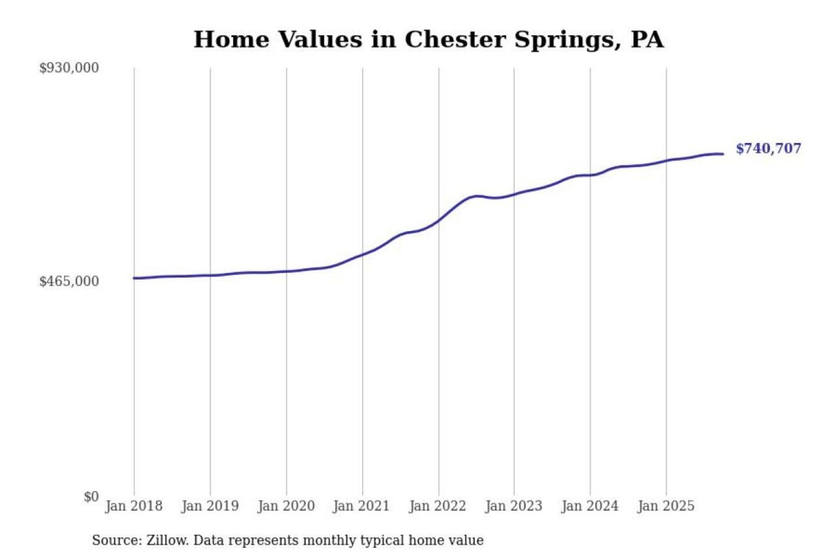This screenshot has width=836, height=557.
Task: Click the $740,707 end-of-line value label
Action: pos(768,149)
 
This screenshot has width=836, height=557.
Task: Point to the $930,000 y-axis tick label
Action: pos(69,68)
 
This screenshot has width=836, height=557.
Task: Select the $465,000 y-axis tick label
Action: pos(69,281)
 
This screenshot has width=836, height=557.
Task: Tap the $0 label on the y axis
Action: pos(91,497)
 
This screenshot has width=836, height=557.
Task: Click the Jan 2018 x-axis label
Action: pos(134,506)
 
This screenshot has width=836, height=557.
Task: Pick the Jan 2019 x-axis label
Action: pos(210,506)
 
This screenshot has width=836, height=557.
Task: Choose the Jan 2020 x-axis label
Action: pos(286,506)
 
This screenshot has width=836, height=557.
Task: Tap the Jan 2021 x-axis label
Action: pos(361,506)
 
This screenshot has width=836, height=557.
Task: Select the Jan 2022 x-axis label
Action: pos(437,506)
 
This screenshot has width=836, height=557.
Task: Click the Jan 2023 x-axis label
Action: pos(513,506)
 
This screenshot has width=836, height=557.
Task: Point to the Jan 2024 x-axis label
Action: pos(589,506)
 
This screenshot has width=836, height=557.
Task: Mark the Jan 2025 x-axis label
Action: pos(665,506)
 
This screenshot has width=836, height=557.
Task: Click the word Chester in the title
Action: pos(455,39)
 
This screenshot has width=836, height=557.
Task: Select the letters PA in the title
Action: pos(647,39)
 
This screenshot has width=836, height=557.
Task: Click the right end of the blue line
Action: pos(723,154)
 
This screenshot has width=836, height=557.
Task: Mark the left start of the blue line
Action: pos(134,278)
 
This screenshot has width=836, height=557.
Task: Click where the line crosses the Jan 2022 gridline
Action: pos(439,220)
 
